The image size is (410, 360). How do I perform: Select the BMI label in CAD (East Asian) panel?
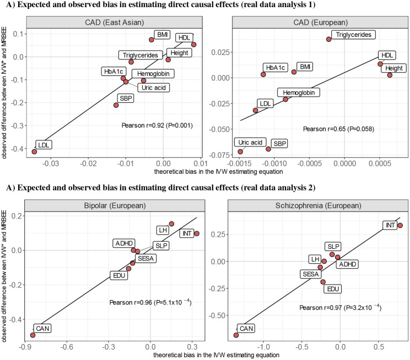(x=163, y=35)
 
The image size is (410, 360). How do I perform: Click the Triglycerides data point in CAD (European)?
(x=329, y=39)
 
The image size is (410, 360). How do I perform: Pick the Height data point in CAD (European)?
(x=390, y=75)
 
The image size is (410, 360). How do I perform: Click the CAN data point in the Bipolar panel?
(x=33, y=335)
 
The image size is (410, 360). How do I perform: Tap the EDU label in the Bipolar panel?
(x=119, y=275)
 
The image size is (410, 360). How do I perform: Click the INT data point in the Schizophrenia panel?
(x=400, y=225)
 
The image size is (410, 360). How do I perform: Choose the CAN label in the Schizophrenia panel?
(x=247, y=329)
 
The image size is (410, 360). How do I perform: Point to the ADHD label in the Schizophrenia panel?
(x=347, y=264)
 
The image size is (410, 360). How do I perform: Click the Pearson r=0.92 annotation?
(x=157, y=125)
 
